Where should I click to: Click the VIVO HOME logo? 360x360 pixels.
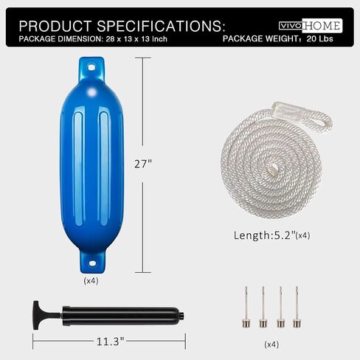coord(311,26)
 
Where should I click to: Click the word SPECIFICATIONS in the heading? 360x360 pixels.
coord(161,26)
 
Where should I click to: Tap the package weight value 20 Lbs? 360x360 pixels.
coord(319,39)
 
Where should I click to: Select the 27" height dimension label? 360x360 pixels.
coord(143,164)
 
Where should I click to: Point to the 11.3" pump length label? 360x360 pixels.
coord(111,342)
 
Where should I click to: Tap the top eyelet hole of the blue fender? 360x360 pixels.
coord(91,67)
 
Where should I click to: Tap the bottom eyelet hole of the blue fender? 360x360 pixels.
coord(92,263)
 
